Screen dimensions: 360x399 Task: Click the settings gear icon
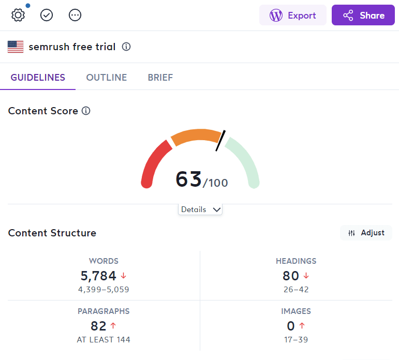(x=18, y=15)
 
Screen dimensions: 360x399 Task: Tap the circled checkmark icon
(x=47, y=15)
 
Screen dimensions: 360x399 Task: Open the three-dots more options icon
(x=75, y=15)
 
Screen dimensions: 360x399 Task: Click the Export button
(x=293, y=16)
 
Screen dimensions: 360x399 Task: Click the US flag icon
(x=16, y=47)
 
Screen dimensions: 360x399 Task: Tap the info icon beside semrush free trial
(x=126, y=47)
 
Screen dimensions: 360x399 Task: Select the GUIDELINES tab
(x=38, y=78)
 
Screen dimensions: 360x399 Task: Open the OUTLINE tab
(x=106, y=78)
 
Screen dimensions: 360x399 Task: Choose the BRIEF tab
(x=160, y=78)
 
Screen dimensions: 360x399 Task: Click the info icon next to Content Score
(x=86, y=111)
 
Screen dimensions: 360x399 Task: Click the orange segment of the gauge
(x=195, y=136)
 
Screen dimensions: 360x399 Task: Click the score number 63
(x=188, y=179)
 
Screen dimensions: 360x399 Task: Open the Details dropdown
(x=200, y=209)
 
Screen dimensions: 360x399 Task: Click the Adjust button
(x=366, y=233)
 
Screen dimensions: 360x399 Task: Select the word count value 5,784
(x=98, y=276)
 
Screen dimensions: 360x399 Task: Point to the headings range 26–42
(x=296, y=290)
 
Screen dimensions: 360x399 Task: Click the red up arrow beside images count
(x=302, y=326)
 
